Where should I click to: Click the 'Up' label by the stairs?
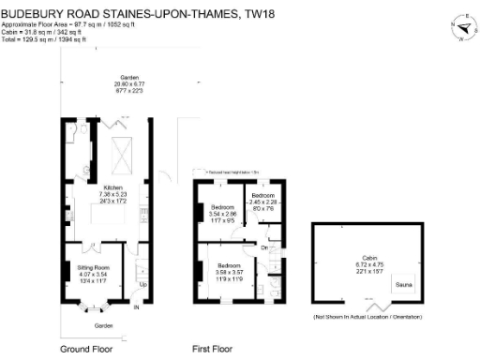[x=142, y=284]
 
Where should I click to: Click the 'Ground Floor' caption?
[x=88, y=348]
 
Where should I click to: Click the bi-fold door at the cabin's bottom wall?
[x=380, y=309]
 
